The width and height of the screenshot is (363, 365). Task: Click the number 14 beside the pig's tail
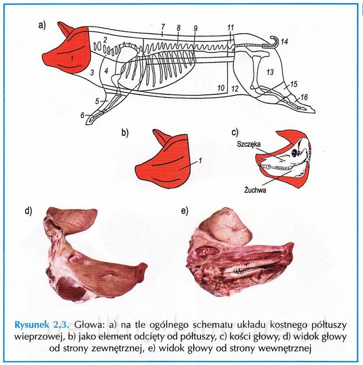[x=285, y=42]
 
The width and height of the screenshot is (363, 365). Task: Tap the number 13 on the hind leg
[x=270, y=72]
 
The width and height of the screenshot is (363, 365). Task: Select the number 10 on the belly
[x=221, y=88]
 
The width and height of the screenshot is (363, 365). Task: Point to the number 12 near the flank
[x=235, y=89]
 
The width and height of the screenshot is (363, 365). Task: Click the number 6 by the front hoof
[x=83, y=115]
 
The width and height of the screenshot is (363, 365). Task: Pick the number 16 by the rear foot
[x=304, y=97]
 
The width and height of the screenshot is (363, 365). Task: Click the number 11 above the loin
[x=231, y=28]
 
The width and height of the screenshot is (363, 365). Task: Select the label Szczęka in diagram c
[x=249, y=144]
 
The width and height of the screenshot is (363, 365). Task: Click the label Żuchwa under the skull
[x=255, y=190]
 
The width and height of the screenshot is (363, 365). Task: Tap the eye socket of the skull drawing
[x=294, y=153]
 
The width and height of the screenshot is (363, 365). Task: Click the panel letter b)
[x=125, y=133]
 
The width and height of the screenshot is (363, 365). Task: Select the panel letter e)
[x=184, y=211]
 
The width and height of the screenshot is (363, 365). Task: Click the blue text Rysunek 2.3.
[x=42, y=325]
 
